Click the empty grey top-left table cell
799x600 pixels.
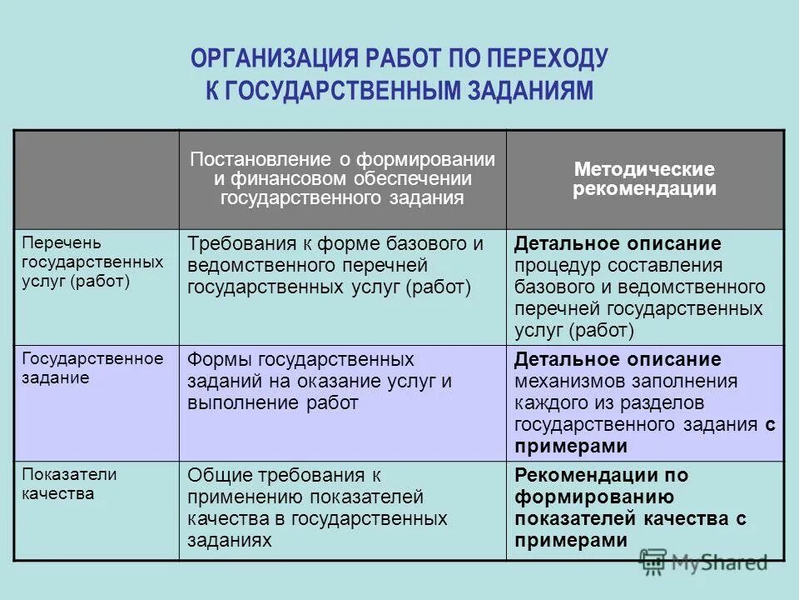click(97, 179)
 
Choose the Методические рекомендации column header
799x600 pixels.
click(643, 178)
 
